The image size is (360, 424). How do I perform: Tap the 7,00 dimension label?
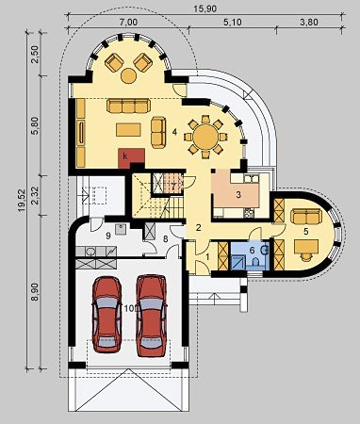129,23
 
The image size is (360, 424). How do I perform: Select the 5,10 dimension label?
233,23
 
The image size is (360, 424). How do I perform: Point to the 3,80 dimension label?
309,23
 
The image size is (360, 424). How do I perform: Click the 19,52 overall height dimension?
22,201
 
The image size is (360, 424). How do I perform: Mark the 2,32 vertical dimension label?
36,195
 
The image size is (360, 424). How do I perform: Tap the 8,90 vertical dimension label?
35,292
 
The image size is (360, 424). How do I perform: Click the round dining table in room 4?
205,137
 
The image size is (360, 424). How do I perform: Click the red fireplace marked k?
130,158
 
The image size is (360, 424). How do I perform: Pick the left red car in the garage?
107,314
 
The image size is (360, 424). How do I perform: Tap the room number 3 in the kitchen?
238,195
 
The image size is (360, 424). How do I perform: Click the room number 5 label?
305,231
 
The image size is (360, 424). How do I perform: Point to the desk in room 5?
306,246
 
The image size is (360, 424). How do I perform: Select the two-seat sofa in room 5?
306,217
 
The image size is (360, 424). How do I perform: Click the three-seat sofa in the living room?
128,106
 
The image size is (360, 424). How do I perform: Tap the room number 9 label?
108,236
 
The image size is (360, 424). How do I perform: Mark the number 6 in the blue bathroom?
252,251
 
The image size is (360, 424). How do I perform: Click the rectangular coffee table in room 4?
128,129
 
